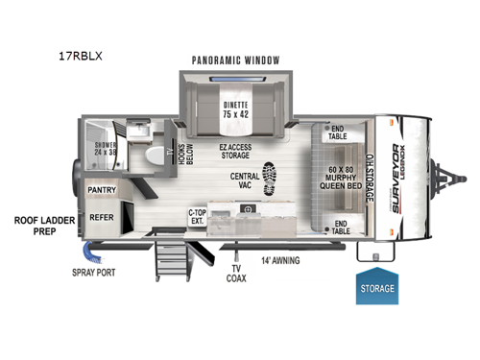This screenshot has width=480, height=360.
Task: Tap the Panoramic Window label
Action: pyautogui.click(x=236, y=60)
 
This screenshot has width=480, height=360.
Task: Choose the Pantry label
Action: pyautogui.click(x=102, y=191)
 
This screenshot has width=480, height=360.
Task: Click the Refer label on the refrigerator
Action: pyautogui.click(x=102, y=217)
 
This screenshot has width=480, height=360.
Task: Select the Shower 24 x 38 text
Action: pyautogui.click(x=105, y=150)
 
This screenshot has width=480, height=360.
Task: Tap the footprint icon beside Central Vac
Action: pyautogui.click(x=272, y=179)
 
